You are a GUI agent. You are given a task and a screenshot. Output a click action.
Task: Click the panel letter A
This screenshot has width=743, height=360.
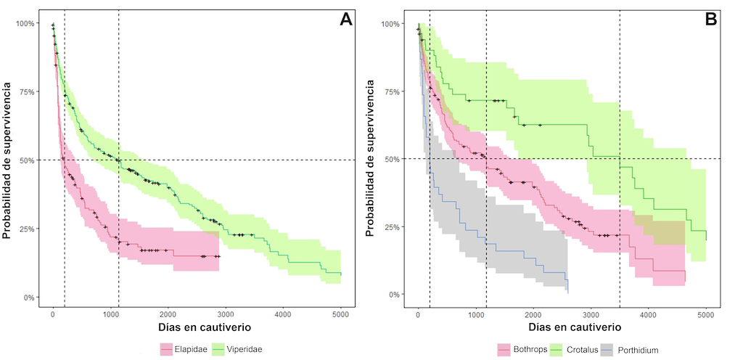pyautogui.click(x=346, y=20)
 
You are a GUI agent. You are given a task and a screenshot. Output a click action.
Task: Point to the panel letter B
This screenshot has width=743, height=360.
pyautogui.click(x=712, y=20)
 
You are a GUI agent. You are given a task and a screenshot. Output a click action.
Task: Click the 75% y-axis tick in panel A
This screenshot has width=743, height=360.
pyautogui.click(x=25, y=91)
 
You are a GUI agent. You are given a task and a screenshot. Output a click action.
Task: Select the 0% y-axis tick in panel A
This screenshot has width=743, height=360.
pyautogui.click(x=28, y=297)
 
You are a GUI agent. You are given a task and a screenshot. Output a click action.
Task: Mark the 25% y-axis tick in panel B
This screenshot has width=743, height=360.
pyautogui.click(x=393, y=226)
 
